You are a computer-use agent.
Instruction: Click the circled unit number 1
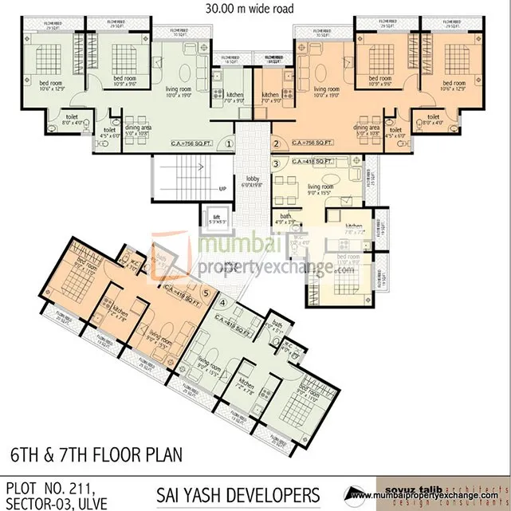pos(229,144)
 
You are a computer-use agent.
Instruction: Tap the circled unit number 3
pos(276,163)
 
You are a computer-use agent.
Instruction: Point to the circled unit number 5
pos(206,292)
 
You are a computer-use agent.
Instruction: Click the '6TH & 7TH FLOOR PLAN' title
pos(96,455)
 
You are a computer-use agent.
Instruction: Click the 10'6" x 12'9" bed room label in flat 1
pos(49,85)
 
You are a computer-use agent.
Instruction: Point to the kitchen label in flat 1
pos(212,97)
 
